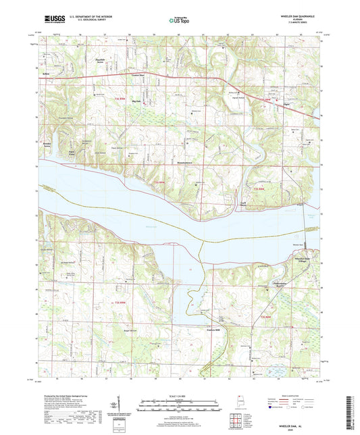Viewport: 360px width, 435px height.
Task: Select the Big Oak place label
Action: [x=137, y=99]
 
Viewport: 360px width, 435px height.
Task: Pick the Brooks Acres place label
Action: [x=48, y=145]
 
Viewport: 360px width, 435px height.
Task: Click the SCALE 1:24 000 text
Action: [x=180, y=395]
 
